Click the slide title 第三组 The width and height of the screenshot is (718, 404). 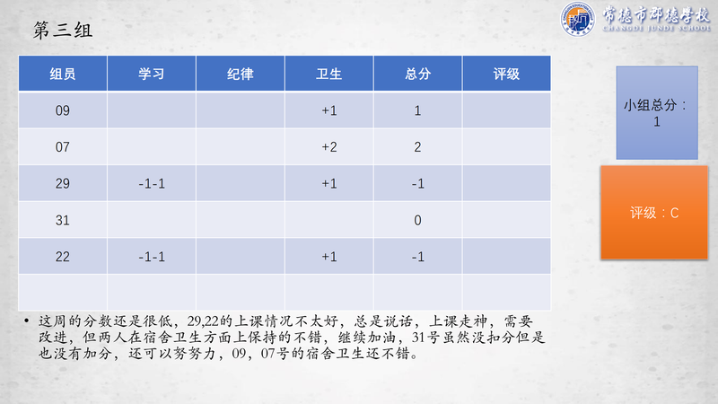coord(63,31)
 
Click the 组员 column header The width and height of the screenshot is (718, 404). coord(63,74)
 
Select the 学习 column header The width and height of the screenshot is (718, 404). coord(152,74)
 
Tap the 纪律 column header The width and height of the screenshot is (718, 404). coord(241,74)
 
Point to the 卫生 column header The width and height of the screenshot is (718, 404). coord(328,74)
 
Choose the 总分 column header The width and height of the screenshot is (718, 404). coord(417,74)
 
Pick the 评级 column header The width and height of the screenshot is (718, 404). coord(506,74)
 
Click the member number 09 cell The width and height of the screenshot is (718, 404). coord(63,110)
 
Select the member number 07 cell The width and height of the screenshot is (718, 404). coord(63,147)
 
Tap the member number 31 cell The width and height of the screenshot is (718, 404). coord(63,220)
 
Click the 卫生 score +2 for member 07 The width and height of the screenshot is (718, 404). coord(329,147)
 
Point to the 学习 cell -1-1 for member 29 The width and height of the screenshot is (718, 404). coord(152,184)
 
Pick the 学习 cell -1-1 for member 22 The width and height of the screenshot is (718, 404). coord(152,257)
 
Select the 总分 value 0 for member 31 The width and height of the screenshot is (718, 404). coord(417,220)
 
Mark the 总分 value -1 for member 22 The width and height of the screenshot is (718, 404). coord(417,257)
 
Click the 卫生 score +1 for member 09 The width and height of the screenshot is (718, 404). coord(329,110)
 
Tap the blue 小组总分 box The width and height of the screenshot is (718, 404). coord(657,113)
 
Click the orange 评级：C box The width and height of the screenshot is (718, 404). coord(654,213)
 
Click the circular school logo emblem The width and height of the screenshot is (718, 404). coord(578,19)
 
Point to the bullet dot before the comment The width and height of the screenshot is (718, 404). coord(27,321)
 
